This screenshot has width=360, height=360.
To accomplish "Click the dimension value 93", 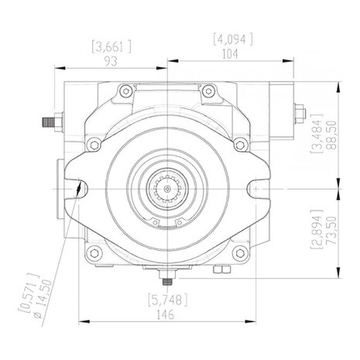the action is click(111, 61).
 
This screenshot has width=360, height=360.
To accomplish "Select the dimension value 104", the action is click(230, 54).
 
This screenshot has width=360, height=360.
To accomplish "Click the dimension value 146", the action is click(166, 314).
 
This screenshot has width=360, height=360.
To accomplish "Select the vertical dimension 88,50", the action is click(331, 135).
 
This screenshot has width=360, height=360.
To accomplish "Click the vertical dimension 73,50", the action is click(331, 231).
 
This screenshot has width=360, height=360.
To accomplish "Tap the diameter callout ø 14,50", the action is click(44, 299).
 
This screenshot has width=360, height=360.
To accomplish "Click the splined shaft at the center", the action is click(167, 189).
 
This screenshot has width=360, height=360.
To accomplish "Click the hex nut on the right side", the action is click(300, 113).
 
